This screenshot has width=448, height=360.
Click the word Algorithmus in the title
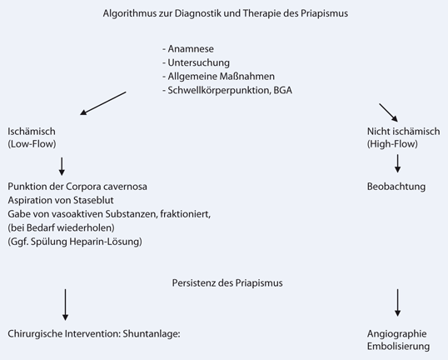tap(131, 14)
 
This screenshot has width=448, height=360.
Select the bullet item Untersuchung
tap(196, 62)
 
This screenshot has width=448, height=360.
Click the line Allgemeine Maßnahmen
tap(215, 76)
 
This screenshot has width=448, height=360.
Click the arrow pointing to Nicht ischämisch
tap(389, 112)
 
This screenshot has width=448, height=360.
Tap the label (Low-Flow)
tap(32, 145)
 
